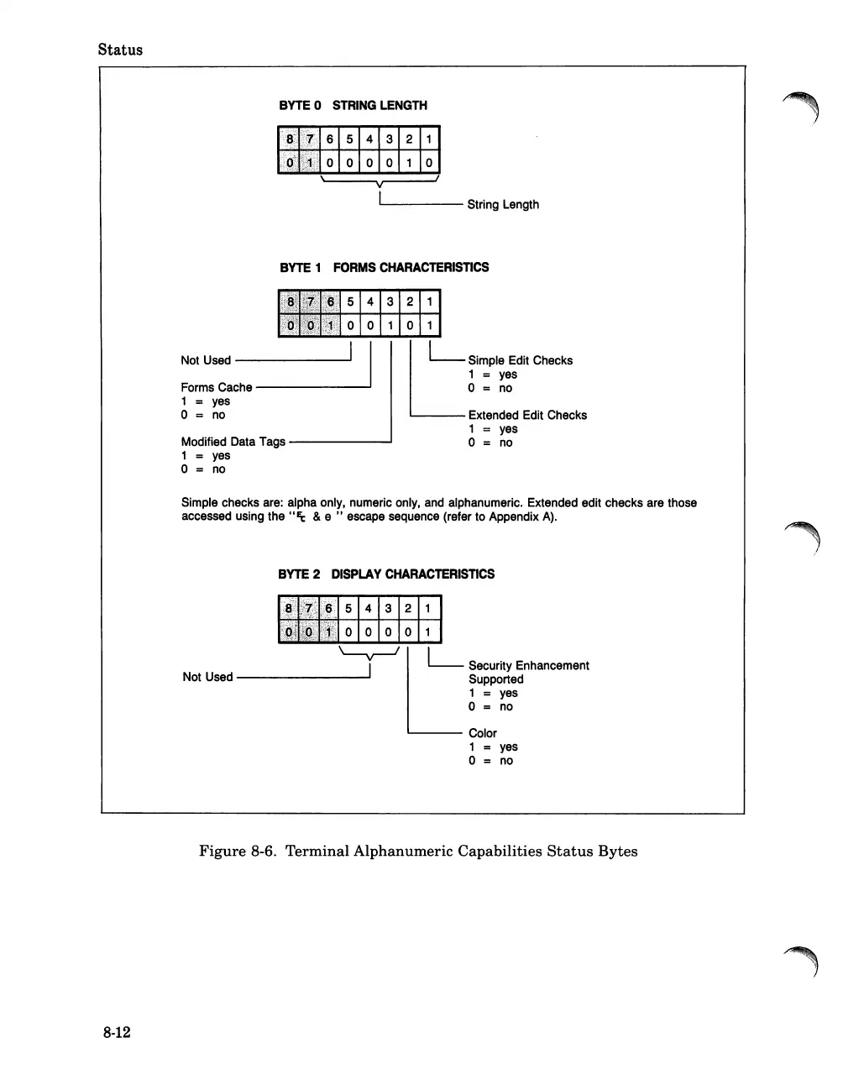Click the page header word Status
(120, 50)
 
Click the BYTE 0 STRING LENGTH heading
(353, 105)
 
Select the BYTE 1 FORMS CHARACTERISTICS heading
(384, 267)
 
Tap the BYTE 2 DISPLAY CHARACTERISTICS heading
(385, 574)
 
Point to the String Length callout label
(503, 204)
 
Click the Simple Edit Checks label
(520, 360)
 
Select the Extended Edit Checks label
(527, 415)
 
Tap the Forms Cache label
(217, 387)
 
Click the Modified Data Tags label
(233, 441)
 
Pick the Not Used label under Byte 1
(206, 360)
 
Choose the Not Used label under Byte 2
(207, 677)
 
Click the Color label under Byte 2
(483, 733)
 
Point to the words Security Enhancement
(529, 665)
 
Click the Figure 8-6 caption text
(418, 852)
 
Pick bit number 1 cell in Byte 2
(428, 608)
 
